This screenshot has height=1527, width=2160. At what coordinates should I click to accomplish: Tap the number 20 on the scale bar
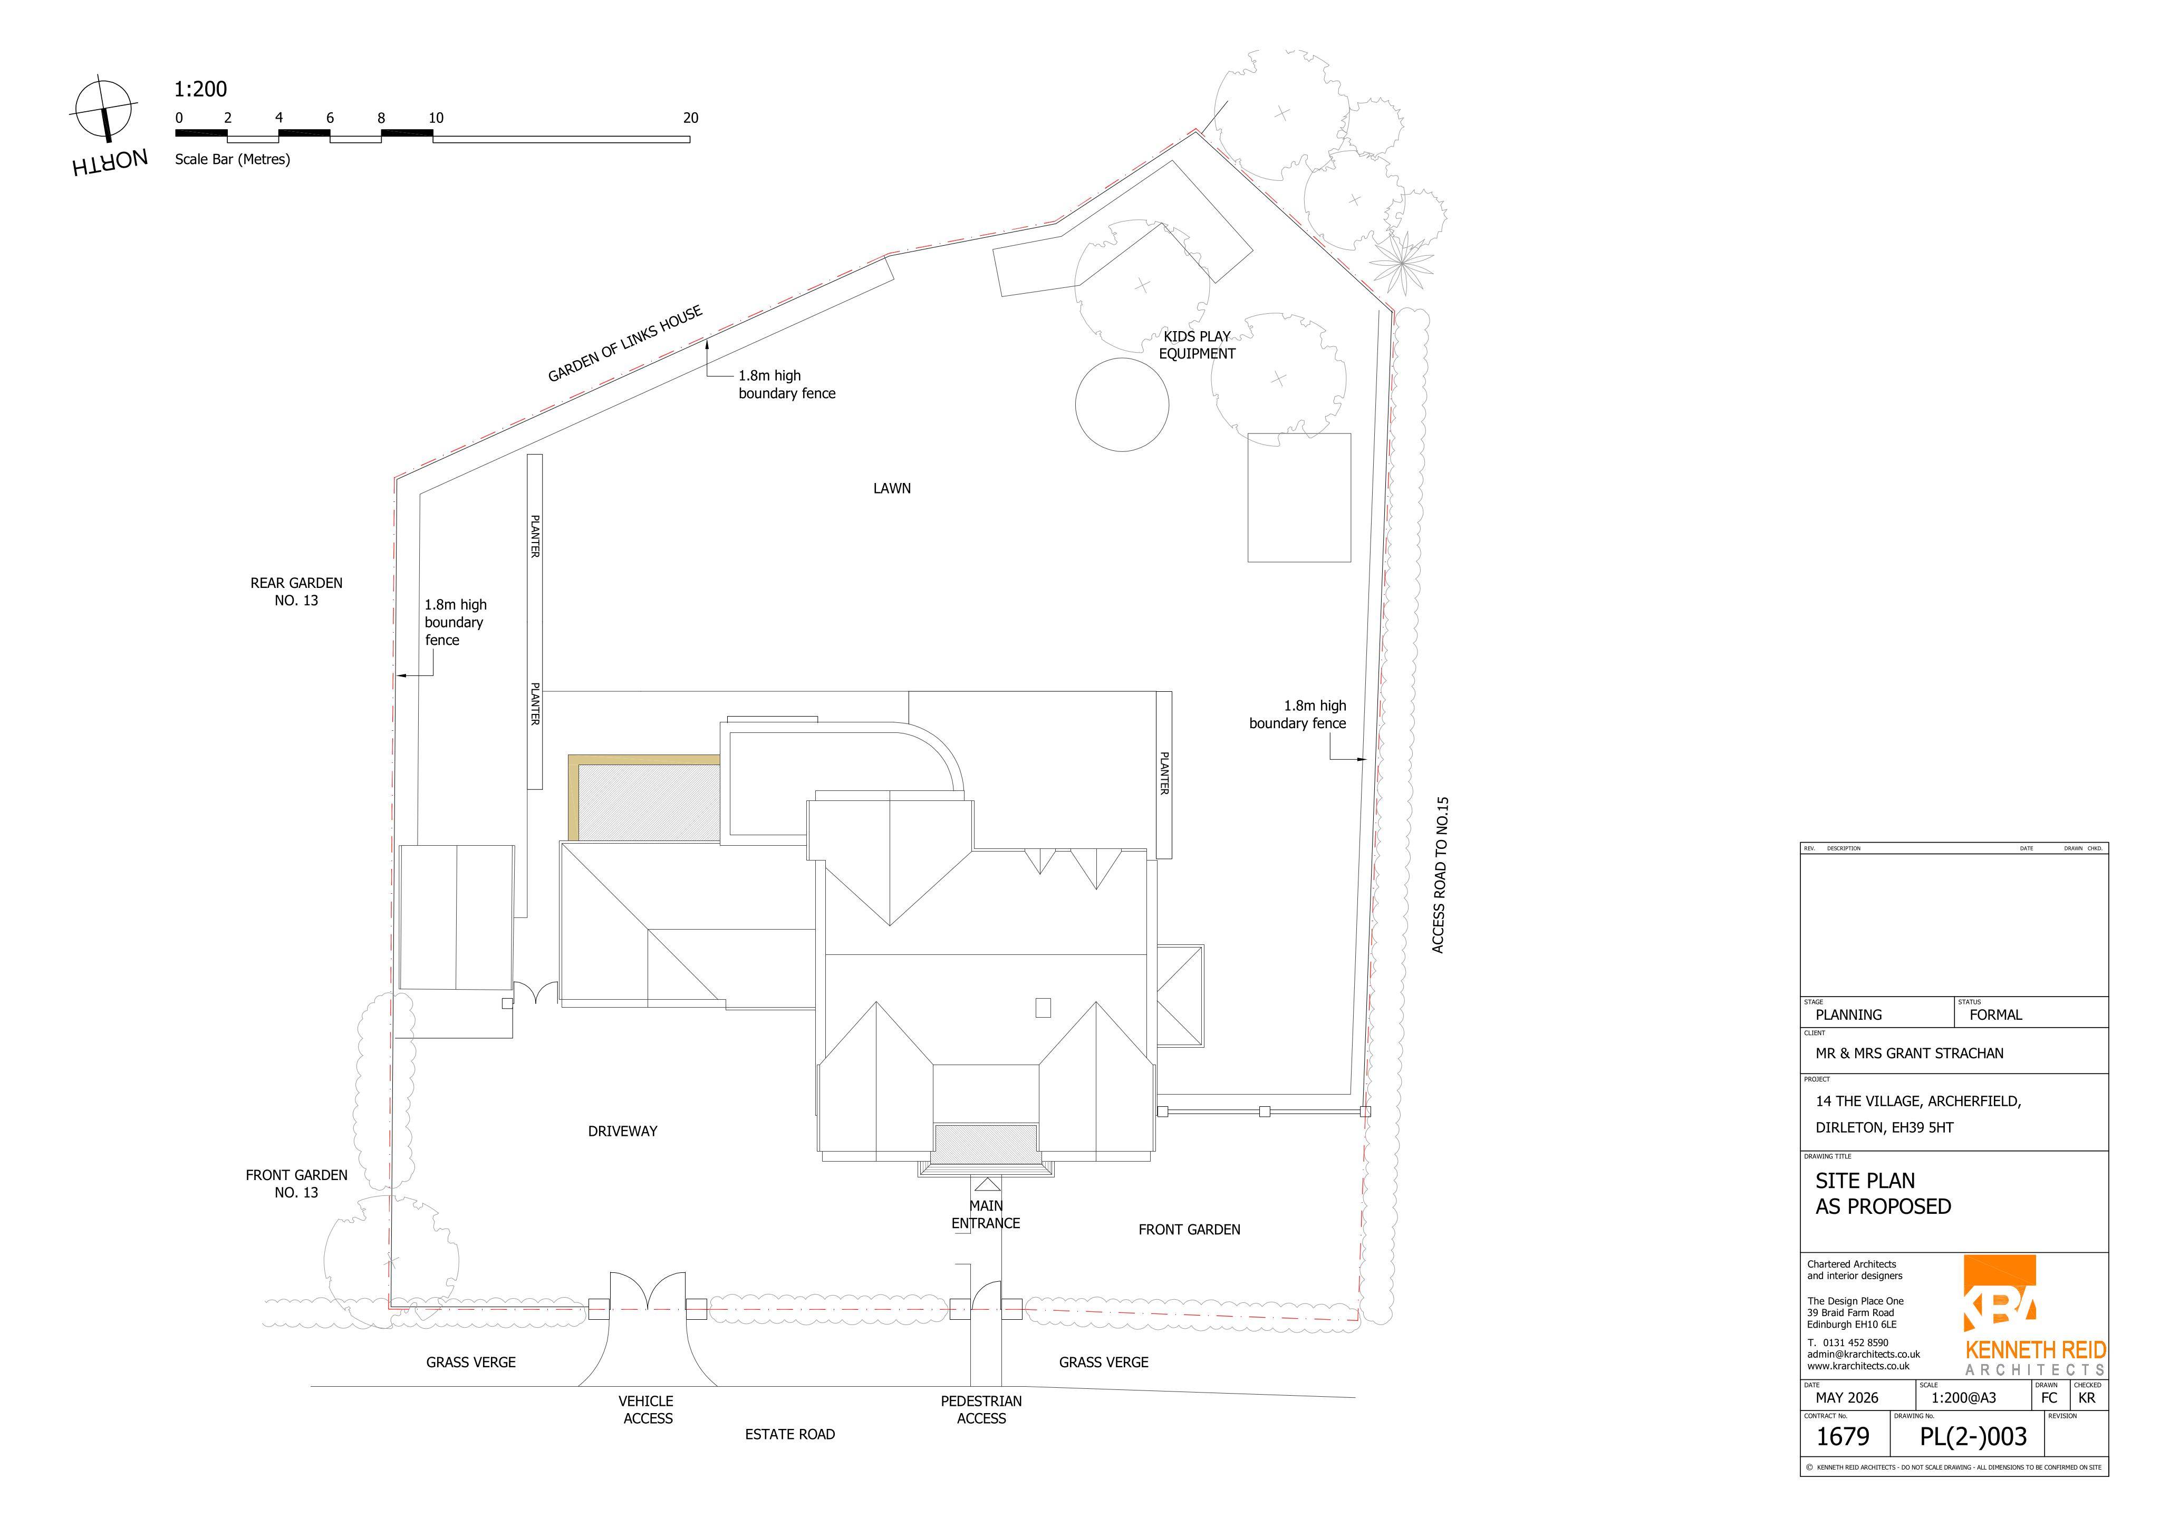[x=690, y=118]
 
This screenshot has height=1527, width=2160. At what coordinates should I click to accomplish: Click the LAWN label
[x=892, y=488]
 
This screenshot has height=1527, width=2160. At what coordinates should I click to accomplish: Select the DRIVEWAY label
[x=623, y=1131]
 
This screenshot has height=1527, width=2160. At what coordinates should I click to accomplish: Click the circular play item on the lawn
[x=1121, y=404]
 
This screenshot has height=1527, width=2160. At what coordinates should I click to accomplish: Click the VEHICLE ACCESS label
[x=647, y=1409]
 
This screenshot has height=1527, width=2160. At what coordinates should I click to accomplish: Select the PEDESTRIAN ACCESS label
[x=981, y=1409]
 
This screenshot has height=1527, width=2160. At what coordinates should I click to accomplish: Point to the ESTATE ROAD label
[x=790, y=1434]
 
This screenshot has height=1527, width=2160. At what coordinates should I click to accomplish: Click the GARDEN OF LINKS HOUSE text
[x=625, y=344]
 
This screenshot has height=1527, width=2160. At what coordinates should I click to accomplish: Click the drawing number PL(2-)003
[x=1973, y=1437]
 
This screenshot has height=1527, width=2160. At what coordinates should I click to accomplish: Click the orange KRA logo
[x=1999, y=1293]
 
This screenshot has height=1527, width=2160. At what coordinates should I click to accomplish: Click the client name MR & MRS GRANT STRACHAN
[x=1909, y=1054]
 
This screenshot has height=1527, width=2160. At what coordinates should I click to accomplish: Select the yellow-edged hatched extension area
[x=643, y=798]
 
